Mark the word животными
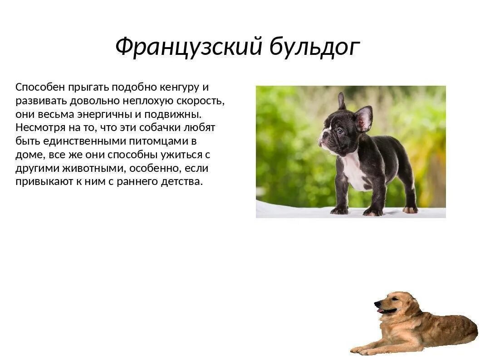(x=93, y=169)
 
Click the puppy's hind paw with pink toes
(x=410, y=209)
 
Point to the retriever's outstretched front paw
(x=363, y=350)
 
